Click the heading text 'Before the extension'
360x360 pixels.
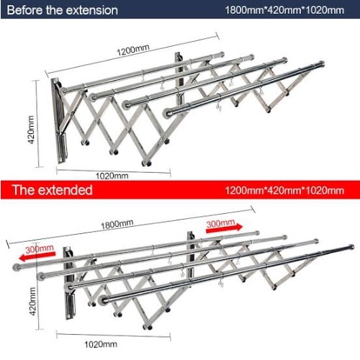click(x=63, y=10)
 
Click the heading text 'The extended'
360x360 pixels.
click(x=53, y=190)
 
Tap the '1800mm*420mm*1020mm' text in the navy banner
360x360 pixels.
click(x=284, y=10)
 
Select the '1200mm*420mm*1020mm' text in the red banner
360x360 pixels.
click(x=284, y=191)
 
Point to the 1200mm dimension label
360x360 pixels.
click(x=133, y=50)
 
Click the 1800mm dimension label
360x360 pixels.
click(x=117, y=225)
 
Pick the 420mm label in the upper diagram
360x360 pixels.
click(x=31, y=130)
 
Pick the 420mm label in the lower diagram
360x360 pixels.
click(x=32, y=302)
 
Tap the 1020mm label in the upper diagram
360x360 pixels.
click(x=112, y=176)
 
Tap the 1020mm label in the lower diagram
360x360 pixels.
click(x=101, y=344)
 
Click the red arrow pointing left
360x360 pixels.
click(x=37, y=256)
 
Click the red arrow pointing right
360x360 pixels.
click(x=225, y=228)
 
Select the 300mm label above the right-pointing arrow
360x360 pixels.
click(x=220, y=223)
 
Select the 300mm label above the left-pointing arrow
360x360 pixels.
click(x=40, y=248)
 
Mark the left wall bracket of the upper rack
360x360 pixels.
click(x=58, y=121)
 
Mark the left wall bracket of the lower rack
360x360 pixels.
click(x=69, y=283)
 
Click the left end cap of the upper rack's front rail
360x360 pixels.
click(x=168, y=113)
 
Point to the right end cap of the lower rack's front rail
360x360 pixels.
click(x=351, y=247)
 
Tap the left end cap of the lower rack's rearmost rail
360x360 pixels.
click(x=17, y=267)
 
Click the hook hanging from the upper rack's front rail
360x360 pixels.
click(x=219, y=107)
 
